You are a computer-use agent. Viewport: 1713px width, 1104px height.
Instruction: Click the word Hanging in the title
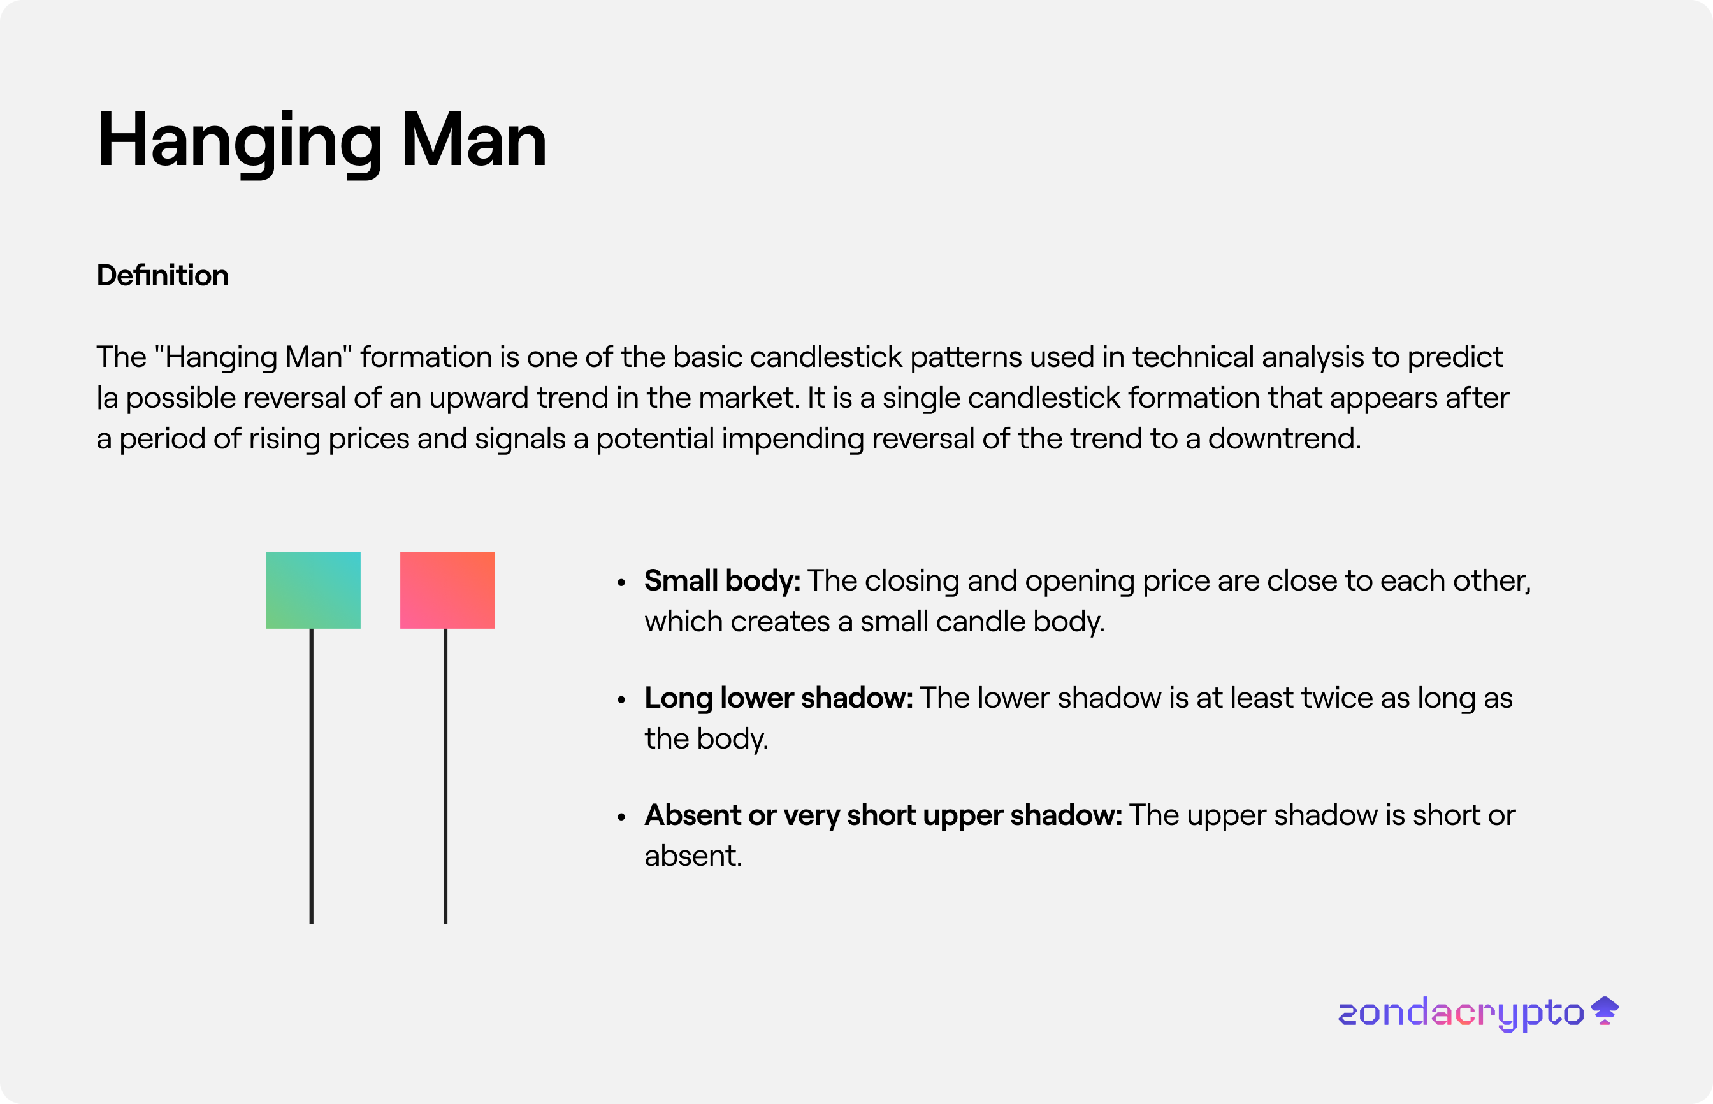click(240, 143)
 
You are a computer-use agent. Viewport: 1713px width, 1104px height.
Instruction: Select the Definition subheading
click(163, 275)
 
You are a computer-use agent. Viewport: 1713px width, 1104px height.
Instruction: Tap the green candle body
click(314, 590)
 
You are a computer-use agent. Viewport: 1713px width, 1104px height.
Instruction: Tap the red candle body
click(447, 590)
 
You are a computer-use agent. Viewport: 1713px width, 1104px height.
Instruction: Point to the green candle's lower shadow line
click(311, 777)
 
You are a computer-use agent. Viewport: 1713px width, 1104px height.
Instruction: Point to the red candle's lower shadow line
click(445, 777)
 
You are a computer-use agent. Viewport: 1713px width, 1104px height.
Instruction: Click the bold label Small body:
click(722, 582)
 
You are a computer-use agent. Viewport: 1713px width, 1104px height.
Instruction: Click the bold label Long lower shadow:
click(779, 698)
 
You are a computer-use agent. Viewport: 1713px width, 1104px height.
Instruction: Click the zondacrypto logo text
click(1461, 1014)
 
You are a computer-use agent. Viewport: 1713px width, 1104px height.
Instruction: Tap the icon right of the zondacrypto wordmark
click(1605, 1011)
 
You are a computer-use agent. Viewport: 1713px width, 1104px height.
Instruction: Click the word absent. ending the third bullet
click(693, 856)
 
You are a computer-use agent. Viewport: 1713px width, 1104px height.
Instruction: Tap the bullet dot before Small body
click(622, 583)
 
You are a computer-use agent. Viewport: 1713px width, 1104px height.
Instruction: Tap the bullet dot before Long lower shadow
click(622, 699)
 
